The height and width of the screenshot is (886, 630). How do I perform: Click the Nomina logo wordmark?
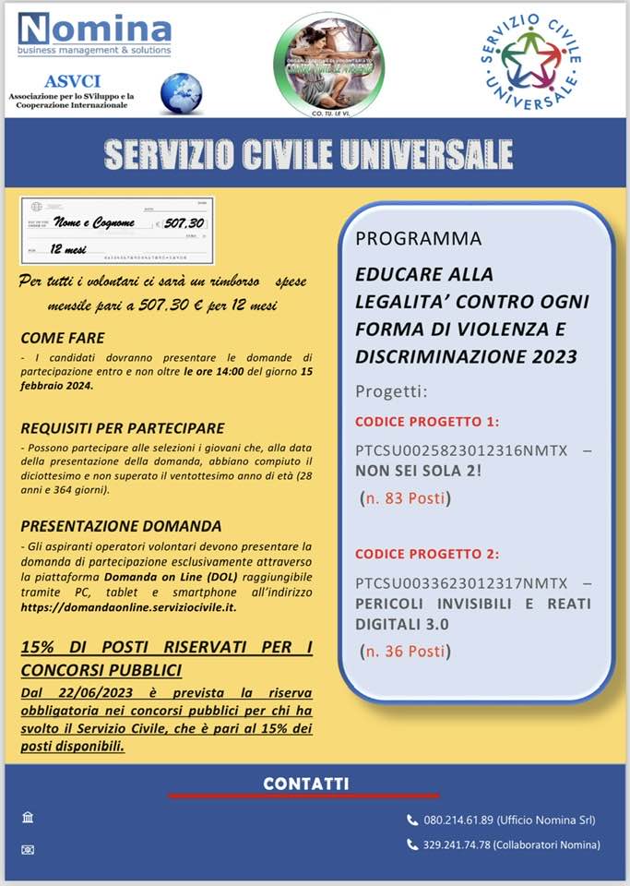point(94,28)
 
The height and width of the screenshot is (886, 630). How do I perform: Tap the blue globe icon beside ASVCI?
point(181,92)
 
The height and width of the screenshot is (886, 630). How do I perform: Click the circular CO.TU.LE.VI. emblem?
point(328,65)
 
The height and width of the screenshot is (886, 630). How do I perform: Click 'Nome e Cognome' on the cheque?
point(94,222)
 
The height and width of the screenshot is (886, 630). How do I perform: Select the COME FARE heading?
point(63,338)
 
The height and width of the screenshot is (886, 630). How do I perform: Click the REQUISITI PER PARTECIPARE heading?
point(122,428)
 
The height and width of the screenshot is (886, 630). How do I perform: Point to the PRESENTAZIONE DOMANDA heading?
point(121,526)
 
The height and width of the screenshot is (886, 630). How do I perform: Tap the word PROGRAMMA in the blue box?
point(419,238)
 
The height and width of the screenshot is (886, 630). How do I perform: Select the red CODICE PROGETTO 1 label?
point(427,422)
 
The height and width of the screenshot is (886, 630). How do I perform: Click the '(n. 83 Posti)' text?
point(405,499)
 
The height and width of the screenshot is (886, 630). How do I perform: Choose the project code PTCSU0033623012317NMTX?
point(461,583)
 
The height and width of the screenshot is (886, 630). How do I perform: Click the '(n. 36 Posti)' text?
point(405,652)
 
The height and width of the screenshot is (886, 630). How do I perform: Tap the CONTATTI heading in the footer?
point(305,784)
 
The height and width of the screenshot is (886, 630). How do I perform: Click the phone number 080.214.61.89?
point(458,820)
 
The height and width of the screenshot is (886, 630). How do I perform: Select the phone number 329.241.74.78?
point(458,844)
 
